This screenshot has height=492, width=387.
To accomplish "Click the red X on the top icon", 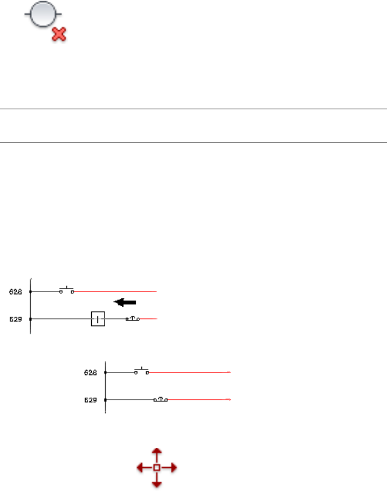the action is (59, 34).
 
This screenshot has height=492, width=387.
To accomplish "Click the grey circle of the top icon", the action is (43, 16).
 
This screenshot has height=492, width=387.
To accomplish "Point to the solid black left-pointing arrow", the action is (126, 302).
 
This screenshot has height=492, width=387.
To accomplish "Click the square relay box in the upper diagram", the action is (98, 319).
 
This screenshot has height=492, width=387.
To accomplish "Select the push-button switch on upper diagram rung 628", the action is (66, 290).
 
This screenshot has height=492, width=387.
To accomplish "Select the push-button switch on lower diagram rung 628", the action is (142, 371).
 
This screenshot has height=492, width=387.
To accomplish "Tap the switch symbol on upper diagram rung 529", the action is (133, 318).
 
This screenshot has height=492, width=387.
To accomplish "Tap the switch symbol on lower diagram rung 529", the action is (161, 399).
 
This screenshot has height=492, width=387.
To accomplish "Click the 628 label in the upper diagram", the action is (16, 292).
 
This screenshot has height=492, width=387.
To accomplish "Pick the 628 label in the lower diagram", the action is (91, 372).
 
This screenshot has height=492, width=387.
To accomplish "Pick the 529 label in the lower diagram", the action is (91, 400).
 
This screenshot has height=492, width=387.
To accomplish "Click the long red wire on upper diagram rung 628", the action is (115, 292).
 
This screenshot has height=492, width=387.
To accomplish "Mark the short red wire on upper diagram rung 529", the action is (149, 319).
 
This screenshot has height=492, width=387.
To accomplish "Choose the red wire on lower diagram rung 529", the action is (199, 400).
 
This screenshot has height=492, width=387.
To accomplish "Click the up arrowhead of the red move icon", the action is (156, 452).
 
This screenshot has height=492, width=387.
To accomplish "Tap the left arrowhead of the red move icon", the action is (139, 467).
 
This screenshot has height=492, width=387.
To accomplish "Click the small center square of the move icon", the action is (156, 467).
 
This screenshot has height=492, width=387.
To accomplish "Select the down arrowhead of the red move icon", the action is (156, 484).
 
